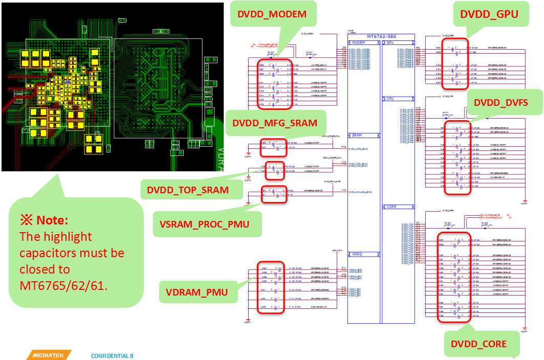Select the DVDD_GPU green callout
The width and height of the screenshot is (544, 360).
point(489,15)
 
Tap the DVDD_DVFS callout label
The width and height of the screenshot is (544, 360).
point(501,102)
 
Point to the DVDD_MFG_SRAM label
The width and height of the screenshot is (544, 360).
point(275,123)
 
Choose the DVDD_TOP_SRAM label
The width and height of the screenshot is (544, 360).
point(188,190)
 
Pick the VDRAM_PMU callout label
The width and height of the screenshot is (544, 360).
point(197,292)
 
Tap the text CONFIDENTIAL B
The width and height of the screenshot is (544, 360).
point(112,355)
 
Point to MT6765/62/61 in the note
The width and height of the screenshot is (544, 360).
point(63,285)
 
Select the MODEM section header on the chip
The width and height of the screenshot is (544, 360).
point(359,42)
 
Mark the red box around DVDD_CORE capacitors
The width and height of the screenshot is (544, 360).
point(454,277)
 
